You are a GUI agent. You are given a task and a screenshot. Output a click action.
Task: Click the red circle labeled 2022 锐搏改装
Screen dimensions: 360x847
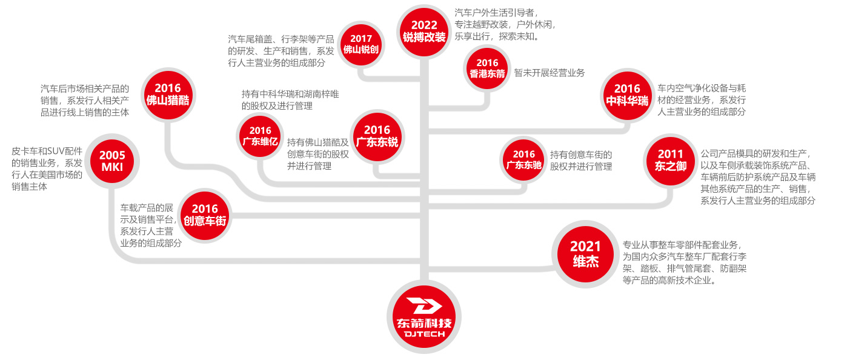(x=424, y=30)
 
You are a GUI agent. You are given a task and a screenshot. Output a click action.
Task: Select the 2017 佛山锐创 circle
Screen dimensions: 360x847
(x=361, y=44)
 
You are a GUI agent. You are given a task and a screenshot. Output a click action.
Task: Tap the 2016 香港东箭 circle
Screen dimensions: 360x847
(x=487, y=68)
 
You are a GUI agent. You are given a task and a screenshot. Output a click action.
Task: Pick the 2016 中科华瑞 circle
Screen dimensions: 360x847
(x=627, y=95)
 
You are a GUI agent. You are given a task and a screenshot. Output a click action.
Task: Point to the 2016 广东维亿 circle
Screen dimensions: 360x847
(x=260, y=136)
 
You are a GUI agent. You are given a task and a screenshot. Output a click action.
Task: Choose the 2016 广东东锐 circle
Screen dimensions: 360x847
(x=377, y=136)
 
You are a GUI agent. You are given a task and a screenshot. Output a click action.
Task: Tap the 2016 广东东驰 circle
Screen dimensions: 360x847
(x=523, y=159)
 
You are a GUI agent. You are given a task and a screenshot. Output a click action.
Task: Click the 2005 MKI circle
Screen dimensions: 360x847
(x=112, y=161)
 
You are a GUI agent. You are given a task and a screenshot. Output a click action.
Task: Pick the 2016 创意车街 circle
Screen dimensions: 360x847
(x=205, y=215)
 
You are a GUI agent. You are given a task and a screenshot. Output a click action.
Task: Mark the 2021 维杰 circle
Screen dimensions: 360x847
(x=585, y=253)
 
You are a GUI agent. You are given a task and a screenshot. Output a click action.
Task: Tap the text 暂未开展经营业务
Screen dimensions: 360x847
(x=550, y=73)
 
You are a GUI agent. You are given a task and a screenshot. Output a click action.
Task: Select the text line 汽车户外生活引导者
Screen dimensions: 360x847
(x=496, y=12)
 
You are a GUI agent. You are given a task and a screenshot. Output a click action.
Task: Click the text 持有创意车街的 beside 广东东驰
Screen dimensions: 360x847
(x=581, y=155)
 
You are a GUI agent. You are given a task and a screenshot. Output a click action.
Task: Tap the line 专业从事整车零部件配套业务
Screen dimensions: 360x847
(x=681, y=245)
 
